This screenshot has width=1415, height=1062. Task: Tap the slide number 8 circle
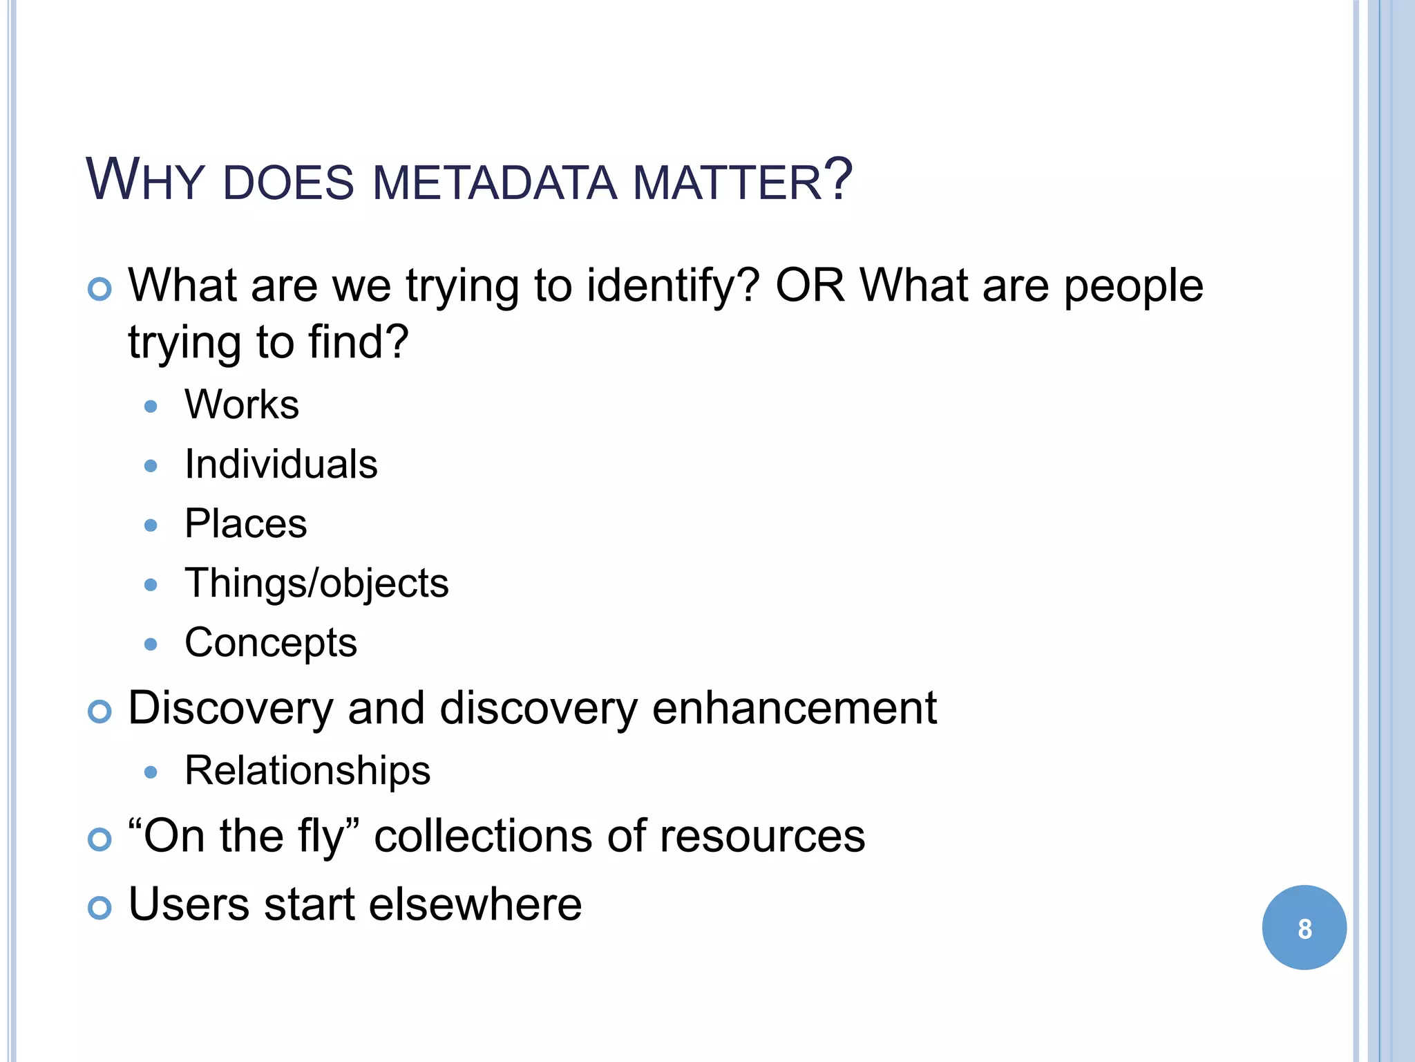tap(1304, 928)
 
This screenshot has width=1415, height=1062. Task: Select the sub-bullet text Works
tap(242, 404)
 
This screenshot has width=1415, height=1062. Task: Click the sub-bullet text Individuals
tap(281, 464)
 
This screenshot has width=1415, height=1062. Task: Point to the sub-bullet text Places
tap(245, 523)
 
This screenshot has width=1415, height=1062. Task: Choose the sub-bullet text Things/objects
tap(316, 584)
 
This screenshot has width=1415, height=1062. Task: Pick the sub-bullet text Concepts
tap(271, 643)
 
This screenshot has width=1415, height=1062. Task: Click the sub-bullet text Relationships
tap(307, 770)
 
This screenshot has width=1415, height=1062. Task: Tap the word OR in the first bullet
tap(810, 285)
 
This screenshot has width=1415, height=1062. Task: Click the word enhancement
tap(795, 708)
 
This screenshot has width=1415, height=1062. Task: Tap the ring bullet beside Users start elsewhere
tap(100, 907)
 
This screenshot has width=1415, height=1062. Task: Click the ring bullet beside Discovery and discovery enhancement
tap(100, 711)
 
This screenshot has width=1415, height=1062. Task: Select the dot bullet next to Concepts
tap(151, 644)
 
